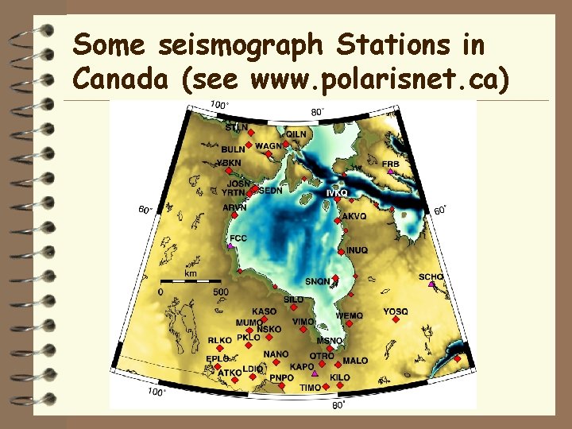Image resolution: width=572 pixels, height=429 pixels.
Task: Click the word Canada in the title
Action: [111, 79]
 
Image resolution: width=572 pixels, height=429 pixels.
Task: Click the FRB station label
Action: [391, 164]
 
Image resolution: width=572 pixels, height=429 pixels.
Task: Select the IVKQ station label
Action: [336, 193]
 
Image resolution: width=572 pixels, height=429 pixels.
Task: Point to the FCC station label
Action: [238, 238]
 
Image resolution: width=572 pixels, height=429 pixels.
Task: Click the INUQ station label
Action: [357, 250]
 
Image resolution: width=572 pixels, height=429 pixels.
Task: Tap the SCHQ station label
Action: [431, 276]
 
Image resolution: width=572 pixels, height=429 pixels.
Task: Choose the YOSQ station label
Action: [396, 311]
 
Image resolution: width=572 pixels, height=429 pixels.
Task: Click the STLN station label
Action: [236, 127]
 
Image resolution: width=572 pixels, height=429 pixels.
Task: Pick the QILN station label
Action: [296, 134]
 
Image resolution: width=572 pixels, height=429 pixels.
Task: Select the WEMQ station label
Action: [350, 315]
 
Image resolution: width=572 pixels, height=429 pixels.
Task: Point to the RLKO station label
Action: [220, 340]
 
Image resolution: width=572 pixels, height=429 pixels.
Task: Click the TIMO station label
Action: [311, 388]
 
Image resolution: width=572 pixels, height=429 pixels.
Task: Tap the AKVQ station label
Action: [354, 216]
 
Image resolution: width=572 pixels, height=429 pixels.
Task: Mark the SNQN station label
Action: [317, 281]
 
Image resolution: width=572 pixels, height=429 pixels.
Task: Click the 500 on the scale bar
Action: [221, 292]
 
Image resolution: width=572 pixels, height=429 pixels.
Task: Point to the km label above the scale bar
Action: [191, 273]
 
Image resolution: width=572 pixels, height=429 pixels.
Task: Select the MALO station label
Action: [355, 361]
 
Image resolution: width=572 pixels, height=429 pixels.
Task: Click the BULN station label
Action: [233, 149]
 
